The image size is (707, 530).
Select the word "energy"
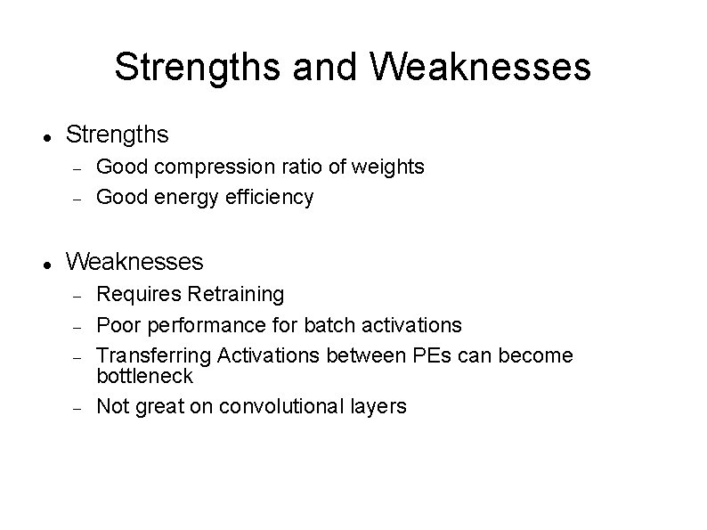pos(182,198)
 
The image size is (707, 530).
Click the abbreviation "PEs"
pos(434,355)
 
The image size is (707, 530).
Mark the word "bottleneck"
pos(144,376)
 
